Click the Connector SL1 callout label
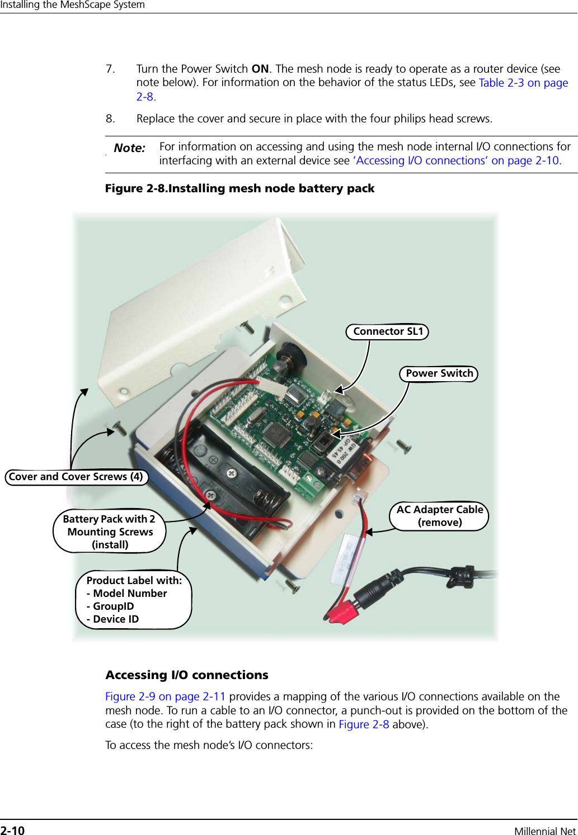(x=387, y=331)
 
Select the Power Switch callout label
(x=439, y=373)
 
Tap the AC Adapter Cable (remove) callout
(x=439, y=516)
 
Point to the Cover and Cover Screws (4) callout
(x=76, y=477)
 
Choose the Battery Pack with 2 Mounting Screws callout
(x=110, y=532)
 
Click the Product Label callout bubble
(x=133, y=600)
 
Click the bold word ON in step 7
(x=260, y=69)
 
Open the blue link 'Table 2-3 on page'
(x=523, y=83)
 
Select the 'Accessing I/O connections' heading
(x=187, y=675)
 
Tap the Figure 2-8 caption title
(x=239, y=188)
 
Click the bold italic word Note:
(x=129, y=148)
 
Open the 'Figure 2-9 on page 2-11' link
(x=165, y=696)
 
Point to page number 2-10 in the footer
(x=12, y=831)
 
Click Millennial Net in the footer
(x=544, y=831)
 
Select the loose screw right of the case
(x=403, y=445)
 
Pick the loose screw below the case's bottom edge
(x=293, y=585)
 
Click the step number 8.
(x=110, y=118)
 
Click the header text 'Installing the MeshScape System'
(x=73, y=5)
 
